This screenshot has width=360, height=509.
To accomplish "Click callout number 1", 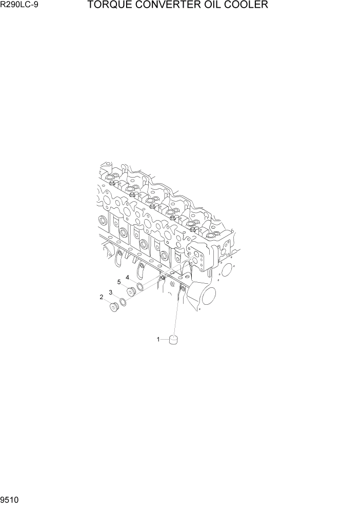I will (158, 339).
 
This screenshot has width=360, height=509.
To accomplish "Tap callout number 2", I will (102, 297).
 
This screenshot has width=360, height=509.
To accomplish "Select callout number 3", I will (110, 292).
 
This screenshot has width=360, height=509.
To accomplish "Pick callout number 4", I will (127, 278).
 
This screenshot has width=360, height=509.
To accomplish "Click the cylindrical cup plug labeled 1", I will (173, 340).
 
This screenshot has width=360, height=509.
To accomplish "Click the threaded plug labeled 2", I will (114, 307).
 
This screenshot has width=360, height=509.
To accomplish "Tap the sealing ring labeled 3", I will (123, 301).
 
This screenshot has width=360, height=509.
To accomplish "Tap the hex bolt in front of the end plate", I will (193, 229).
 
